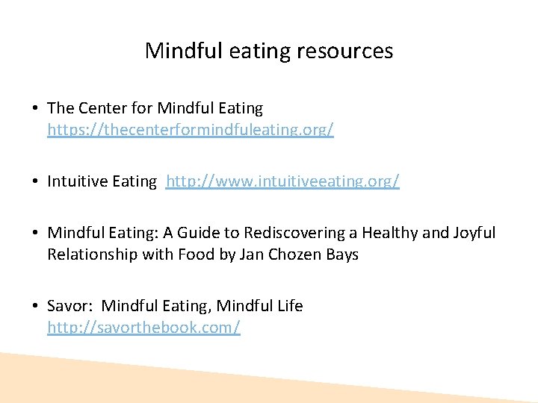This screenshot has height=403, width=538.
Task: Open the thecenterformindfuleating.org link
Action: click(191, 130)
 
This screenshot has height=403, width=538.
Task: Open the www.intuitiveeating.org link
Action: click(282, 181)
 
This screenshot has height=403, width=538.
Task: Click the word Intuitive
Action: click(75, 181)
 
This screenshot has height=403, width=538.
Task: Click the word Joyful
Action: click(474, 233)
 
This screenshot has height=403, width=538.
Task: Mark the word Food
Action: click(196, 254)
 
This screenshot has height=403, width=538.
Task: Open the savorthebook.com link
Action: click(143, 328)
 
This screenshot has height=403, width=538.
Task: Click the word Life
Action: click(289, 306)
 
